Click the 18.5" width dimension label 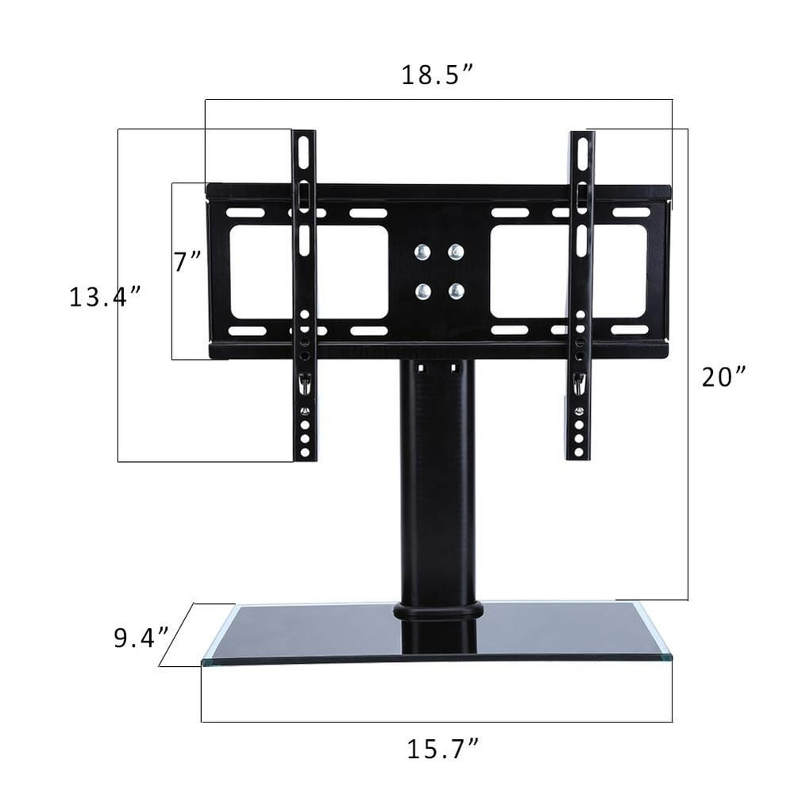(x=437, y=75)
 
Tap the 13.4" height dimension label (x=104, y=298)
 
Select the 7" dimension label (x=188, y=261)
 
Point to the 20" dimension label (x=724, y=376)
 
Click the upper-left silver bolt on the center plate (x=422, y=252)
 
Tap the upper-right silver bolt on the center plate (x=455, y=252)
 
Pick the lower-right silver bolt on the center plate (x=455, y=291)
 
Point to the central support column (x=437, y=476)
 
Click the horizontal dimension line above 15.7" (x=437, y=722)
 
